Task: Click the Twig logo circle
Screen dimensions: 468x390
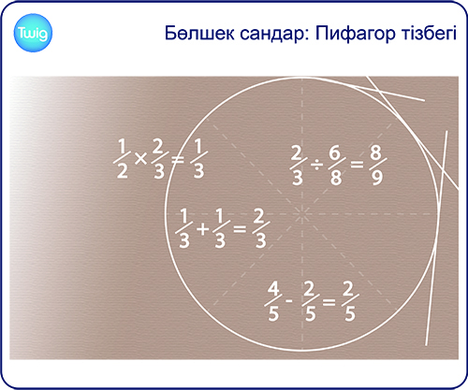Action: click(x=33, y=33)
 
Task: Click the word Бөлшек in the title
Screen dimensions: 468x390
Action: click(x=199, y=33)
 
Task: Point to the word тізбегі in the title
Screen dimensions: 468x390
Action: click(x=428, y=33)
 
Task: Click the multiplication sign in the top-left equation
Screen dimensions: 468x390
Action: click(x=140, y=159)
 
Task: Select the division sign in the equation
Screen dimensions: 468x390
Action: click(x=316, y=165)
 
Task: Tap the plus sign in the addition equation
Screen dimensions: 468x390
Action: click(x=202, y=230)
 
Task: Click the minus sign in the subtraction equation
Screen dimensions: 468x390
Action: click(x=289, y=301)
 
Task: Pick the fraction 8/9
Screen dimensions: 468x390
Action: click(x=378, y=165)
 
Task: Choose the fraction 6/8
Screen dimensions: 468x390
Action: click(x=336, y=165)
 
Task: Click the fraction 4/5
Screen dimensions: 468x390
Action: click(x=273, y=301)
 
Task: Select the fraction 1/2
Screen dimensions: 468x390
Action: click(x=122, y=159)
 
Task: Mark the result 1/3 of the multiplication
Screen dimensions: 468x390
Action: click(x=198, y=159)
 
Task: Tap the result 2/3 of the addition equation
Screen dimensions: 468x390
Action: click(x=260, y=228)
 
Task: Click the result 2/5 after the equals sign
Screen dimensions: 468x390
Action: click(x=349, y=301)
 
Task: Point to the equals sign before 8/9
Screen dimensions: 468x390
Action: click(x=357, y=165)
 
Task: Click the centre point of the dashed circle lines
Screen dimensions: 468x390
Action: click(x=302, y=214)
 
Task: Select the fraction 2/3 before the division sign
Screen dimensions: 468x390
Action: click(x=297, y=166)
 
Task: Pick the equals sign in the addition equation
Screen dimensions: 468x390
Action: click(x=240, y=230)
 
